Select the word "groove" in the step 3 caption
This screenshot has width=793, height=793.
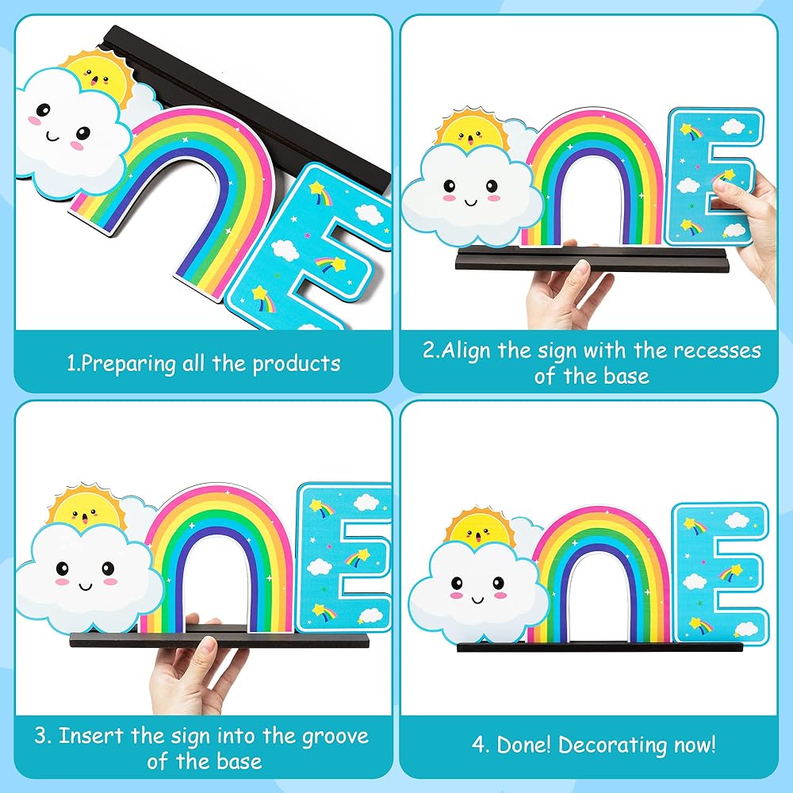335,737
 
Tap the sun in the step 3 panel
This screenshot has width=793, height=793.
86,508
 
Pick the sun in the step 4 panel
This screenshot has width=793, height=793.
480,528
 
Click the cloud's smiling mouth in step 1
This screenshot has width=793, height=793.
52,137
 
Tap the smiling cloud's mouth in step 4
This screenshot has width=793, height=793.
478,600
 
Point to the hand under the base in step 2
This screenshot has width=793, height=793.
566,290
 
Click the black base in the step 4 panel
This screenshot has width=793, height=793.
600,646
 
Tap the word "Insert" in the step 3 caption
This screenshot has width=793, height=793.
91,736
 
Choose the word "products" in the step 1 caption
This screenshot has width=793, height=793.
297,364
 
